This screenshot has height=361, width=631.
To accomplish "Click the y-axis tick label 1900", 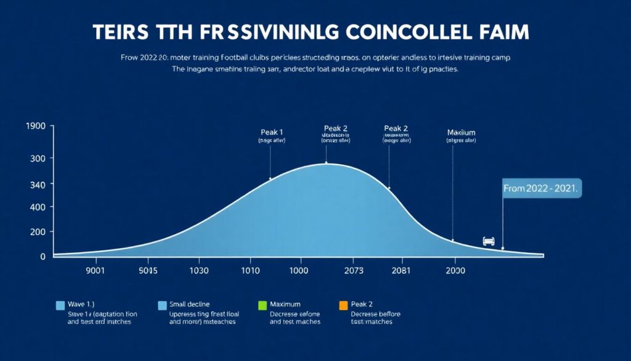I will tap(36, 127).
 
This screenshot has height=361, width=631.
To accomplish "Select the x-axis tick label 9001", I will tap(89, 270).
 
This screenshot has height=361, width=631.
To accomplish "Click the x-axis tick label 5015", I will tap(149, 270).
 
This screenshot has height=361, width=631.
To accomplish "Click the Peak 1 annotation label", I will tap(272, 131).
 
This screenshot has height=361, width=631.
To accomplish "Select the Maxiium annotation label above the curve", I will tap(461, 132).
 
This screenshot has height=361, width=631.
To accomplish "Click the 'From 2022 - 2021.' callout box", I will tap(541, 189).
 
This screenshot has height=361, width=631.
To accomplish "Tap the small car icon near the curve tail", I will tap(489, 241).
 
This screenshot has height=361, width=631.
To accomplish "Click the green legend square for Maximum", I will tap(261, 305).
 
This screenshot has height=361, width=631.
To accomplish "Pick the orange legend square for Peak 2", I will tap(343, 305).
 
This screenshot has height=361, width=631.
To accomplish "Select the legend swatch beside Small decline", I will tap(163, 305).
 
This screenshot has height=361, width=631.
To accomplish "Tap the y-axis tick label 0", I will tap(43, 256).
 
